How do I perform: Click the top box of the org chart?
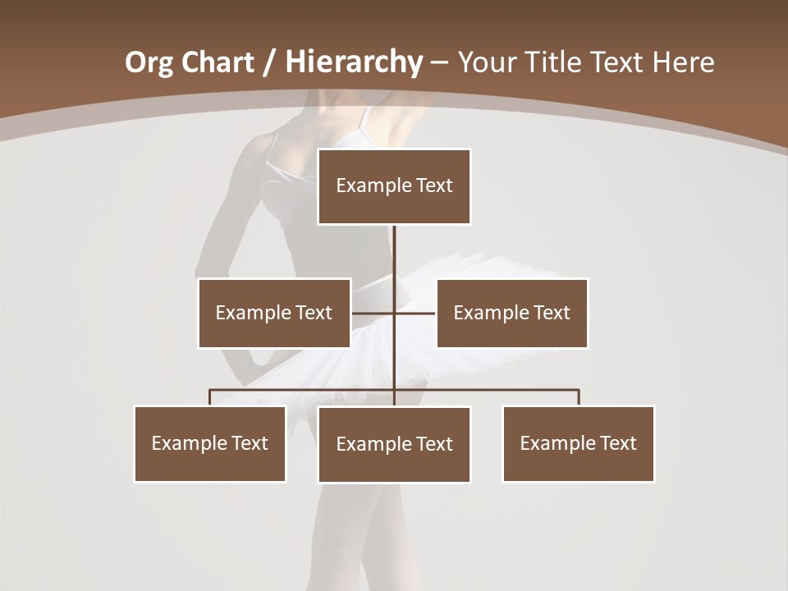click(x=394, y=186)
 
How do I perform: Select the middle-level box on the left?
click(x=274, y=313)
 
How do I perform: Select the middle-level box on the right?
click(x=512, y=313)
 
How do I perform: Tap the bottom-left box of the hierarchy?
click(x=210, y=443)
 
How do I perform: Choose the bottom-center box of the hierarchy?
click(x=394, y=444)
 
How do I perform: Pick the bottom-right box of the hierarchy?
click(x=579, y=443)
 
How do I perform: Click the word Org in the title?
click(x=149, y=62)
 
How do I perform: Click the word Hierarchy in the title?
click(x=354, y=62)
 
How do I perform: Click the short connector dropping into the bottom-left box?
click(x=210, y=397)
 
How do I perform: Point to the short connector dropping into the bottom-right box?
click(x=579, y=397)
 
